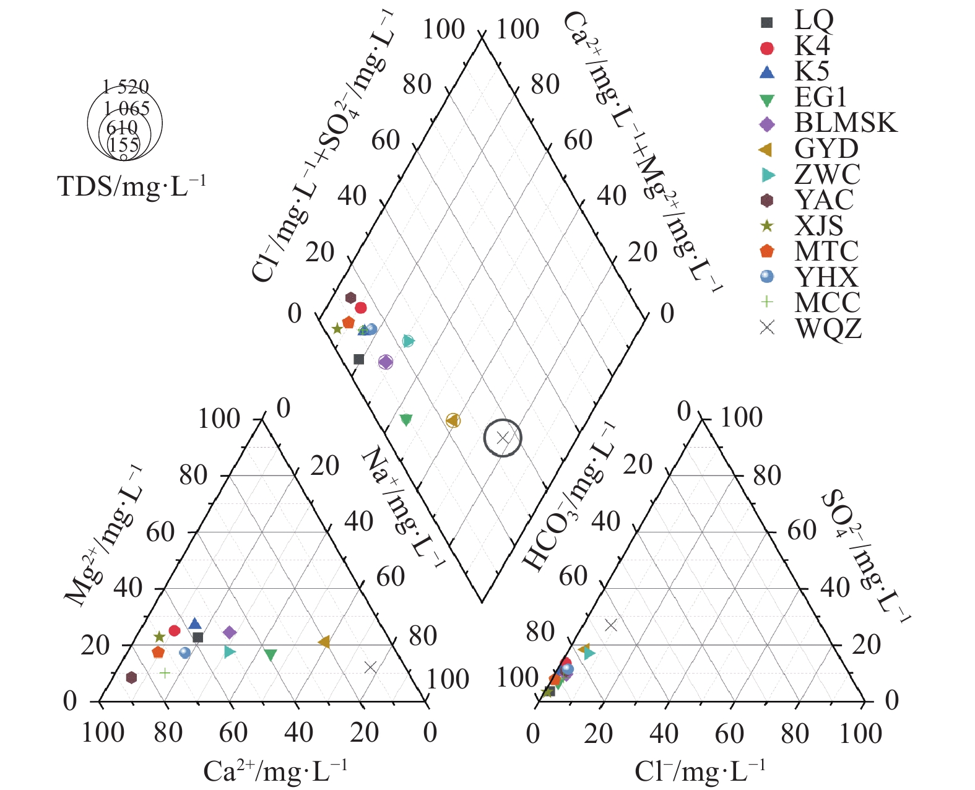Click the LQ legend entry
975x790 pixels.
pos(813,21)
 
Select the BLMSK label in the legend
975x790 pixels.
pos(845,123)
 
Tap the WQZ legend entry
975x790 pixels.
pos(828,328)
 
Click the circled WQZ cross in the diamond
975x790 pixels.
pos(503,438)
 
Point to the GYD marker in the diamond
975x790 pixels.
pos(453,421)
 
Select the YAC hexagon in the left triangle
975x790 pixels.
pos(131,677)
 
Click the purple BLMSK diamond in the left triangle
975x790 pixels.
pos(230,632)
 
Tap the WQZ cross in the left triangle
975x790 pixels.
pos(370,667)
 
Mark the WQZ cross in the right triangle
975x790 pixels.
pos(611,625)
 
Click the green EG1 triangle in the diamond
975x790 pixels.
pos(406,420)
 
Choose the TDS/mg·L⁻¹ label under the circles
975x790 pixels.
pos(131,186)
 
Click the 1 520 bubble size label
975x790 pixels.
pos(126,87)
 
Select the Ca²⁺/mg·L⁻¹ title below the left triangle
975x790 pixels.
pos(275,771)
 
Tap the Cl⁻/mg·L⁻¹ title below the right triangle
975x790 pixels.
pos(700,771)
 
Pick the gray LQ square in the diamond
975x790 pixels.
pos(358,360)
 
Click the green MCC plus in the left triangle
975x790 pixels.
pos(165,673)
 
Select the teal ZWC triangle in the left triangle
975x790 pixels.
pos(230,651)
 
